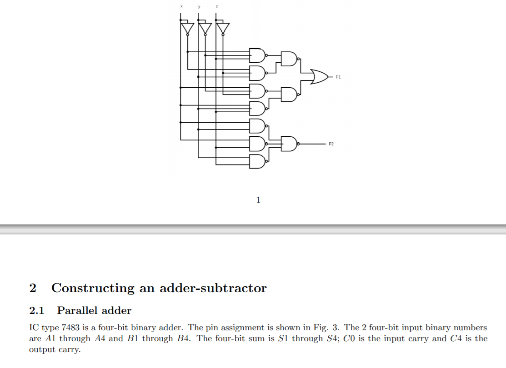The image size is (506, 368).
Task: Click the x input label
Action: tap(181, 7)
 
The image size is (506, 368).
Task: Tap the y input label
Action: tap(199, 7)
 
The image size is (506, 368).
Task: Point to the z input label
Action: tap(217, 7)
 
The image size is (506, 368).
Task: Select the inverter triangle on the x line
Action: tap(186, 28)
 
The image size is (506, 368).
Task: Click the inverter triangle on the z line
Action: tap(222, 28)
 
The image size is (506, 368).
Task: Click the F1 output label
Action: tap(339, 77)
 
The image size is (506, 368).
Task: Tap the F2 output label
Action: tap(331, 144)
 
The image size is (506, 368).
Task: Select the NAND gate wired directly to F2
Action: tap(290, 144)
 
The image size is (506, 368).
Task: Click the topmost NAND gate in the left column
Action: tap(257, 55)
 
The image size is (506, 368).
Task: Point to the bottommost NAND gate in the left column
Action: tap(257, 161)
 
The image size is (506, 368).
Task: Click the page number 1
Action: tap(258, 199)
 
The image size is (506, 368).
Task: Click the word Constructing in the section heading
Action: tap(93, 288)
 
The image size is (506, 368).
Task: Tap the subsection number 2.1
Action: tap(36, 311)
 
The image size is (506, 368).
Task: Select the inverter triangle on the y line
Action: tap(204, 28)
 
